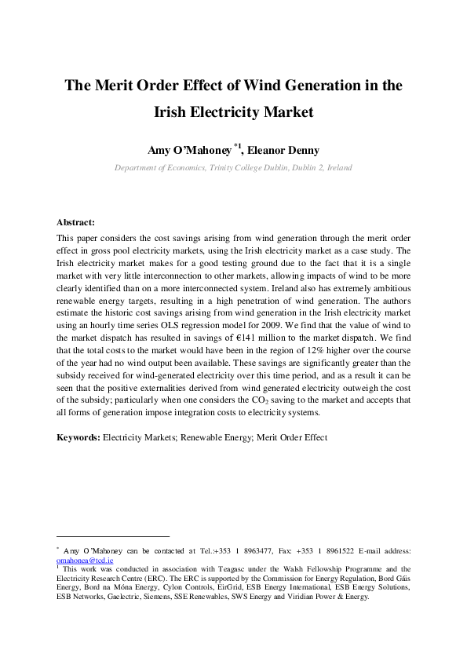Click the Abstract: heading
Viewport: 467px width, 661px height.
(x=75, y=222)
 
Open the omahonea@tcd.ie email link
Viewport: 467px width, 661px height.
(x=85, y=561)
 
